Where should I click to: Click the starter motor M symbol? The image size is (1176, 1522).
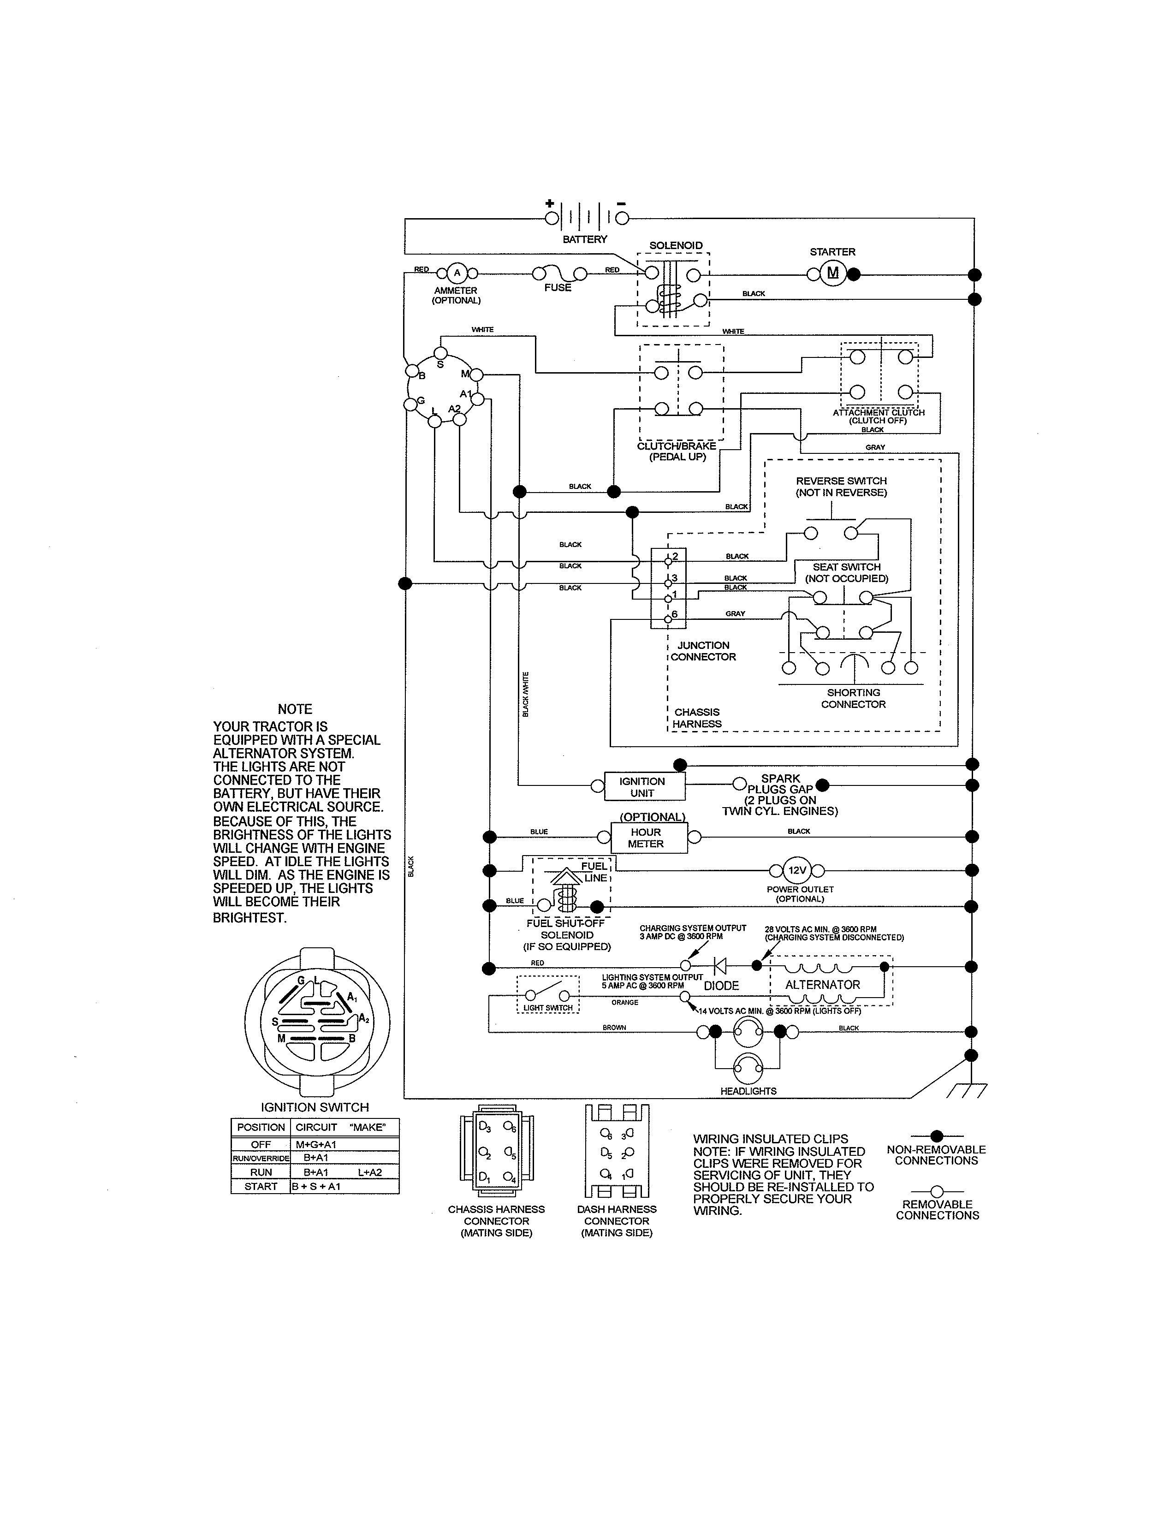click(832, 273)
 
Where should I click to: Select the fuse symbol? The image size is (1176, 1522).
click(558, 273)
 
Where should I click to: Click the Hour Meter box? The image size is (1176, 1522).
click(648, 838)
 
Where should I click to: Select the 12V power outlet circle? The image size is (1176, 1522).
click(796, 870)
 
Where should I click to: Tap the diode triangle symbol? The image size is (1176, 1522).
click(720, 966)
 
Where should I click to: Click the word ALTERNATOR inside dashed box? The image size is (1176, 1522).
click(822, 985)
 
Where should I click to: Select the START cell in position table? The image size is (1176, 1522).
click(261, 1186)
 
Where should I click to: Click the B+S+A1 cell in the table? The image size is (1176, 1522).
click(316, 1186)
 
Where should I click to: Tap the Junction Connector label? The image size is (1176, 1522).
click(703, 651)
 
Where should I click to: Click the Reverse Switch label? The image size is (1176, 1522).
click(841, 487)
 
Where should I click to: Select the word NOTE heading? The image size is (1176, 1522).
click(295, 709)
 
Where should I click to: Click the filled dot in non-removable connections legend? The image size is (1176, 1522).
click(936, 1136)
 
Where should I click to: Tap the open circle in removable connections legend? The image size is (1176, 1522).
click(936, 1192)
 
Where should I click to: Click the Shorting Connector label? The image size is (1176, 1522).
click(853, 698)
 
